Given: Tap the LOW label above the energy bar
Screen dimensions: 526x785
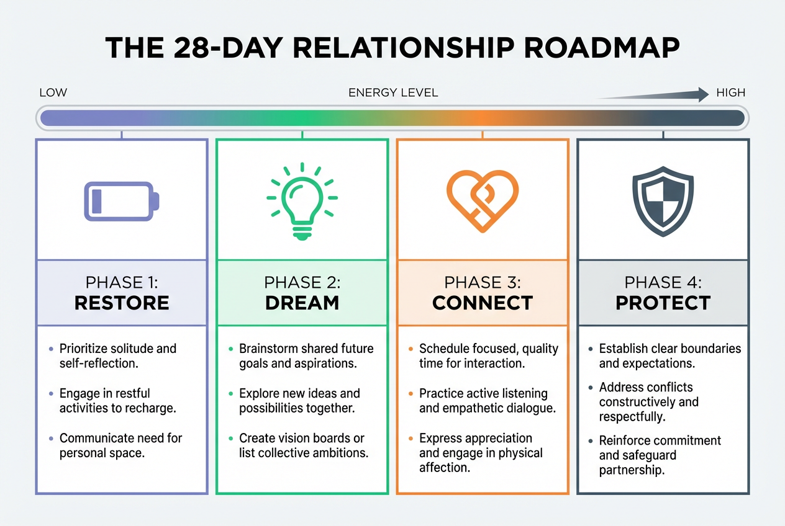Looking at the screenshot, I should coord(53,93).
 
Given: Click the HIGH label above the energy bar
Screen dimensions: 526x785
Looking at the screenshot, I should coord(730,93).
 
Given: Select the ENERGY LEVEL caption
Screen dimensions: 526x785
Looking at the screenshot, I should coord(393,93).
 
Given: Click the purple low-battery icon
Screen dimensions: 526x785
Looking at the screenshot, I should coord(122,201).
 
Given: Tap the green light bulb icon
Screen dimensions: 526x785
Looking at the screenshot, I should coord(302,200).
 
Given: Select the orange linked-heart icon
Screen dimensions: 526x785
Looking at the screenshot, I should coord(483,200).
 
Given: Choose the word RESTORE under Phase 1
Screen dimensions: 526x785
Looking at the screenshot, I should coord(122,303).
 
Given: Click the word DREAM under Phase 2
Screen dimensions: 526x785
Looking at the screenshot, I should coord(302,303).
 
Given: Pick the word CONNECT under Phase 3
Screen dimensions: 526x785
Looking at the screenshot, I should coord(483,303).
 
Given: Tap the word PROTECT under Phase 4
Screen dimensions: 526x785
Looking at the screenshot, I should coord(663,303).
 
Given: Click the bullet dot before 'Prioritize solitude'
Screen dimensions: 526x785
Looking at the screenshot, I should coord(51,349).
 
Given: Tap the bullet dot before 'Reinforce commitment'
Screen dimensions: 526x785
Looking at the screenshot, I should coord(591,441).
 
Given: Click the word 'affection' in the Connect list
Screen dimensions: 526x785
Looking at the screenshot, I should coord(443,468).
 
